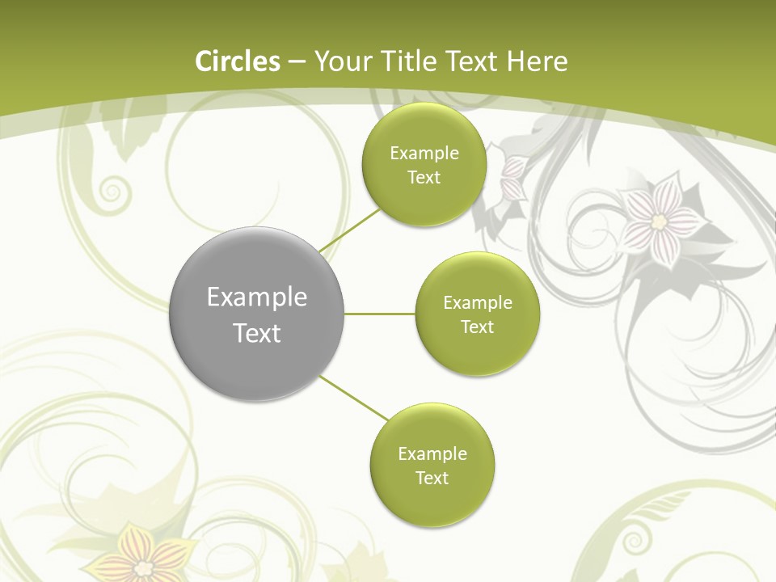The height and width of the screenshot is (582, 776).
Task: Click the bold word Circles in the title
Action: [238, 61]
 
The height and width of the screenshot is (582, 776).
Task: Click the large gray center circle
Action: [257, 314]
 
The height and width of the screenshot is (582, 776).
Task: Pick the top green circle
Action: [424, 165]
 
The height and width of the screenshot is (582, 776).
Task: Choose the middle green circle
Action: [477, 314]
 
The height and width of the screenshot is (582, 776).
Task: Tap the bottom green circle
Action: [432, 466]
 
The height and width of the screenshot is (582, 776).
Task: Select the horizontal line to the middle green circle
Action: [380, 314]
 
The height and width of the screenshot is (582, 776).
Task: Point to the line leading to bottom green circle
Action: [354, 399]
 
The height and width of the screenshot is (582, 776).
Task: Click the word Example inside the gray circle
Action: [257, 297]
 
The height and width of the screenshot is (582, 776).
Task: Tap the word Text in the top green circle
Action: [424, 178]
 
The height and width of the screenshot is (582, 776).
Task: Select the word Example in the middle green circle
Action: [477, 303]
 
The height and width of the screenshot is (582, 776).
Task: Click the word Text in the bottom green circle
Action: [432, 479]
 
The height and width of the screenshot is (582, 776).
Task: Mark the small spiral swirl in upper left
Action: [113, 192]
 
